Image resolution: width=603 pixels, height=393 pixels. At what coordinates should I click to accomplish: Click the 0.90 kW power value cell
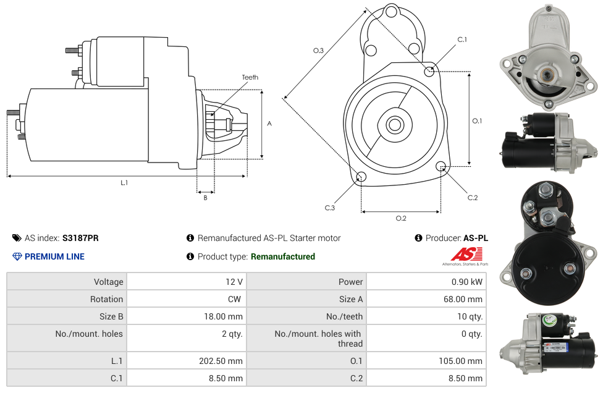pos(468,282)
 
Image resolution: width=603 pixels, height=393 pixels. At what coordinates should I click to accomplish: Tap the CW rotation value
pos(235,299)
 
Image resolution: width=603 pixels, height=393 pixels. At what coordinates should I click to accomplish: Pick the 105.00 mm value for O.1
pos(463,361)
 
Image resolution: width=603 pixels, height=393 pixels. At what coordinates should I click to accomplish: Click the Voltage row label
pos(108,282)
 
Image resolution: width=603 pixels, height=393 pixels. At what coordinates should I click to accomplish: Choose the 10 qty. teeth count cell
pos(469,316)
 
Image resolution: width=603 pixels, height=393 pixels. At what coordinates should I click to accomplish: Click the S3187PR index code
pos(80,238)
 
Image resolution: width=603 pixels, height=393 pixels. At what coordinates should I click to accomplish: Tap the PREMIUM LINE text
pos(54,256)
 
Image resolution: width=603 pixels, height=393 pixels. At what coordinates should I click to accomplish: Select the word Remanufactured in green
pos(282,256)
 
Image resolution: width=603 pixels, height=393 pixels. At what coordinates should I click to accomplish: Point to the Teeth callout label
pos(250,77)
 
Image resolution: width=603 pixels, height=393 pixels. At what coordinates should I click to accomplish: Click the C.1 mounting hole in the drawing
pos(429,72)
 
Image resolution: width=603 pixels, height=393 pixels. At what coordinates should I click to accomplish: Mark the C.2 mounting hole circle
pos(441,166)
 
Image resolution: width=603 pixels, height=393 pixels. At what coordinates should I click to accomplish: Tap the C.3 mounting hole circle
pos(361,177)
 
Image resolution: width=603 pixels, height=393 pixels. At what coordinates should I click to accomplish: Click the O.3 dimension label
pos(318,51)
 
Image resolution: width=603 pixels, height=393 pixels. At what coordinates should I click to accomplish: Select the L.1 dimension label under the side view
pos(124,182)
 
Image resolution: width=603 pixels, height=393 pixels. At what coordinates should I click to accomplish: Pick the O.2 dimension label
pos(401,218)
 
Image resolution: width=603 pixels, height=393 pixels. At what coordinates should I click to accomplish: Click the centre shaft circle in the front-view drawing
pos(394,125)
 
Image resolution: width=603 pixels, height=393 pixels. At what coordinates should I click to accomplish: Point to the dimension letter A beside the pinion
pos(269,124)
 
